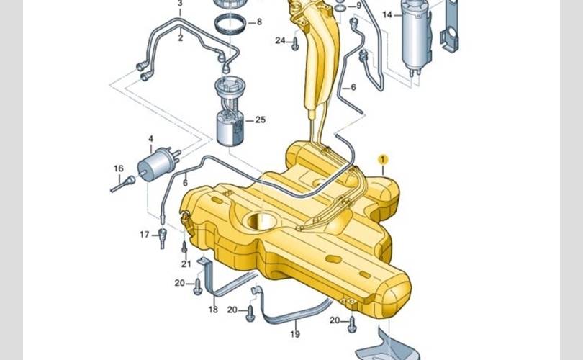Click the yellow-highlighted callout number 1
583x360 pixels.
pos(383,160)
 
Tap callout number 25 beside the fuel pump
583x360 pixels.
pos(261,120)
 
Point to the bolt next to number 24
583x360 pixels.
pos(295,44)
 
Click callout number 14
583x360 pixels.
pos(387,15)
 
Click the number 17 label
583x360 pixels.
pos(144,235)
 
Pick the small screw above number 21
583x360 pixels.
pos(184,247)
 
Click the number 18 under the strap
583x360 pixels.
pos(212,310)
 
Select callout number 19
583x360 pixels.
pos(295,334)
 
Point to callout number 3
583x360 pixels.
pos(181,4)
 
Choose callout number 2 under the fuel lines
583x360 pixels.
pos(181,37)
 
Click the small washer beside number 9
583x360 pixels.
pos(340,7)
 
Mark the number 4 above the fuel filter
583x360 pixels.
pos(150,139)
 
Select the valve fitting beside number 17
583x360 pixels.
pos(162,238)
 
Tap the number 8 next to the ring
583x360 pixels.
pos(259,22)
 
